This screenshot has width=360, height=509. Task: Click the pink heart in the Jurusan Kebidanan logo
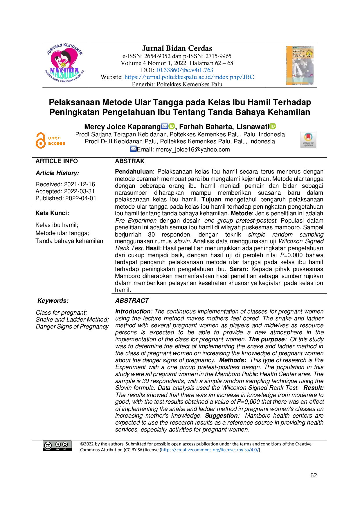coord(64,59)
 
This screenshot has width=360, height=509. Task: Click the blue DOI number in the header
coord(185,70)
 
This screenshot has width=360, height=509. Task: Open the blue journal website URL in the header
coord(189,77)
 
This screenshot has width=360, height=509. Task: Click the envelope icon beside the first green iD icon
coord(164,126)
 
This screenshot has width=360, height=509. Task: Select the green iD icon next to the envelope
coord(172,126)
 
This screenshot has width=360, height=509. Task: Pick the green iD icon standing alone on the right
coord(273,126)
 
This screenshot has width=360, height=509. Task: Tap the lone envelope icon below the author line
coord(133,149)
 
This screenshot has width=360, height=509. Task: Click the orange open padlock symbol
coord(41,141)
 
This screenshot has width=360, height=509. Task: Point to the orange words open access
coord(56,141)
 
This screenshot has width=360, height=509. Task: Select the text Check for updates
coord(308,144)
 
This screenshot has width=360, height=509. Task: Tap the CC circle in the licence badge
coord(48,445)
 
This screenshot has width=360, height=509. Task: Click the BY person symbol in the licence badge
coord(58,444)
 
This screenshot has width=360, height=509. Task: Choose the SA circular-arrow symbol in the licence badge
coord(65,444)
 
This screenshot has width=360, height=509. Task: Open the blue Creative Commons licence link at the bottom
coord(210,450)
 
